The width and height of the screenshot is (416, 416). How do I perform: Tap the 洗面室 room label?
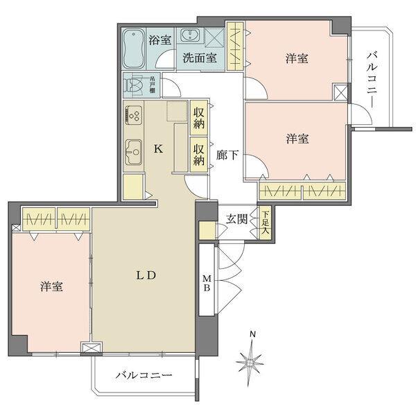(200, 59)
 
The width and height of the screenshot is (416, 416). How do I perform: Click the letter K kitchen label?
(157, 148)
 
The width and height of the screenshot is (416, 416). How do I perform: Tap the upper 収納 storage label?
(199, 119)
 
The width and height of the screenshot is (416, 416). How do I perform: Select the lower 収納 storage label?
(199, 155)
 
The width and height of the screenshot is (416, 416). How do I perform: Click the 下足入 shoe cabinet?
(264, 223)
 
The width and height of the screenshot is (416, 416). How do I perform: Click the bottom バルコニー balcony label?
(143, 375)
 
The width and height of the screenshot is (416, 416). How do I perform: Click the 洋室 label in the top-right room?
(296, 60)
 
